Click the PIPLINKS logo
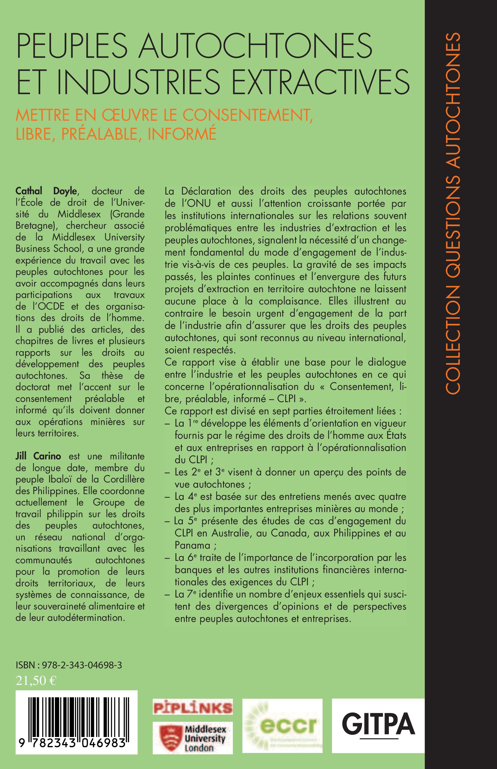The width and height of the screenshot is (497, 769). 193,707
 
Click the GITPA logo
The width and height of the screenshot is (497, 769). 378,725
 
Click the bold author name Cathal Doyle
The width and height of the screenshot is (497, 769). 46,191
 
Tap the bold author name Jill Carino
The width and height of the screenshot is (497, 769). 38,456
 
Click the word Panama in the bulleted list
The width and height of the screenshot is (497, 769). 193,545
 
